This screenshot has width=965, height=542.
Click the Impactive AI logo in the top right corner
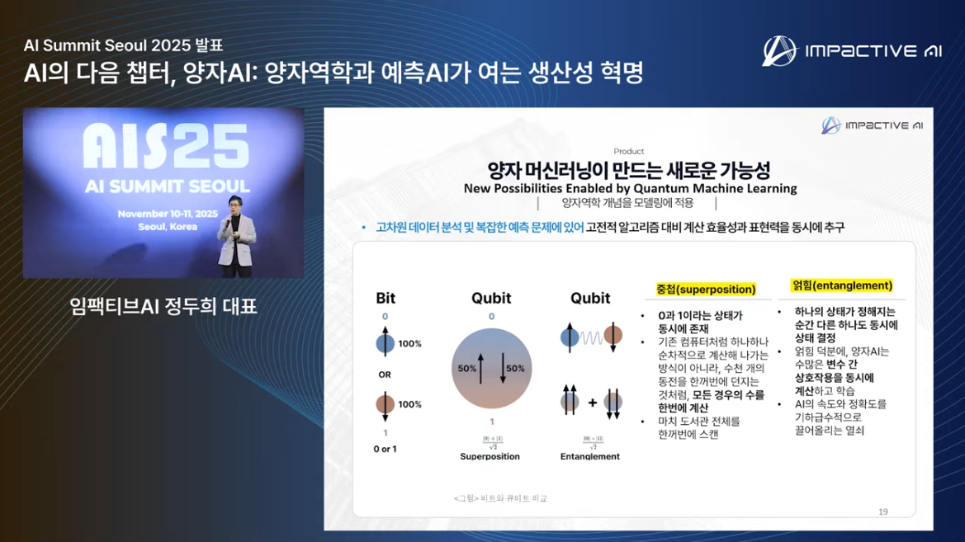(851, 50)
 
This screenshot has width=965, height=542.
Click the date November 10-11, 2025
(163, 213)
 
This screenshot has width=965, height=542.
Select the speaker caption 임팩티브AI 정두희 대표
(163, 307)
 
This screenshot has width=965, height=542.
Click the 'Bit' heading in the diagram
(386, 298)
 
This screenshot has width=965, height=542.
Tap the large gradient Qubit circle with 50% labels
(491, 369)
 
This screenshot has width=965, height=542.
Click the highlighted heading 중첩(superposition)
(706, 290)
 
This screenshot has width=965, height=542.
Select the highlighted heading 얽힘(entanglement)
(842, 285)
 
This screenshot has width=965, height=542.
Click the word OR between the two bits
(385, 375)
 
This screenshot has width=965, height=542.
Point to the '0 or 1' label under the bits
(385, 449)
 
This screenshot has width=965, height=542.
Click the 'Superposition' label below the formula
(490, 456)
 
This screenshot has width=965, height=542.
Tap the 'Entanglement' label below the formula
(590, 456)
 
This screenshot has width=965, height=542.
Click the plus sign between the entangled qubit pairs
(592, 403)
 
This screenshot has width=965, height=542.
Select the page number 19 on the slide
(883, 511)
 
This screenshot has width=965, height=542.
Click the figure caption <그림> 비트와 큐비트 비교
(500, 498)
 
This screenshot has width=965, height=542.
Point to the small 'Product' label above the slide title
(629, 151)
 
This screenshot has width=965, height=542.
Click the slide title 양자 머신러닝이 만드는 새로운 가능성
(629, 170)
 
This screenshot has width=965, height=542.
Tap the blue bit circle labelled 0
(386, 343)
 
